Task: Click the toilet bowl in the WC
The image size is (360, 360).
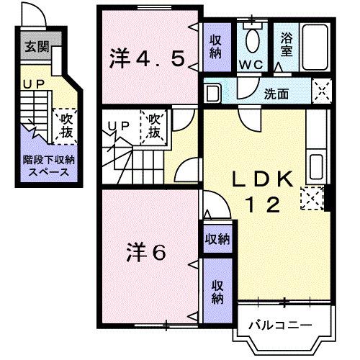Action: pos(253,41)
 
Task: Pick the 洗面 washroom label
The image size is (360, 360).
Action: pos(276,94)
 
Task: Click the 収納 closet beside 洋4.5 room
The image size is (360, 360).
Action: pos(215,48)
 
